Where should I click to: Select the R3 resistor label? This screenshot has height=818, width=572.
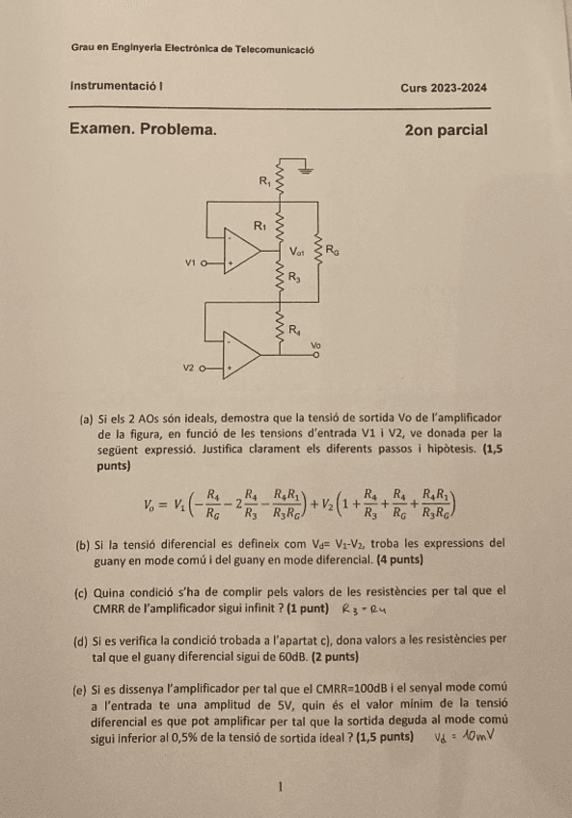294,278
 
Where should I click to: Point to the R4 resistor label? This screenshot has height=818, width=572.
295,330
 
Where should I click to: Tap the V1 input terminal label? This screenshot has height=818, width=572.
190,261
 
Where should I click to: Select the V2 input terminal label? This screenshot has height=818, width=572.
189,368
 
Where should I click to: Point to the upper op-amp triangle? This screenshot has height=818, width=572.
243,253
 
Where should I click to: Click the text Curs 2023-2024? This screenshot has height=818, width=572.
444,88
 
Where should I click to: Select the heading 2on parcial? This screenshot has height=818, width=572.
446,129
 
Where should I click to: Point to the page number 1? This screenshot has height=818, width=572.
279,787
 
